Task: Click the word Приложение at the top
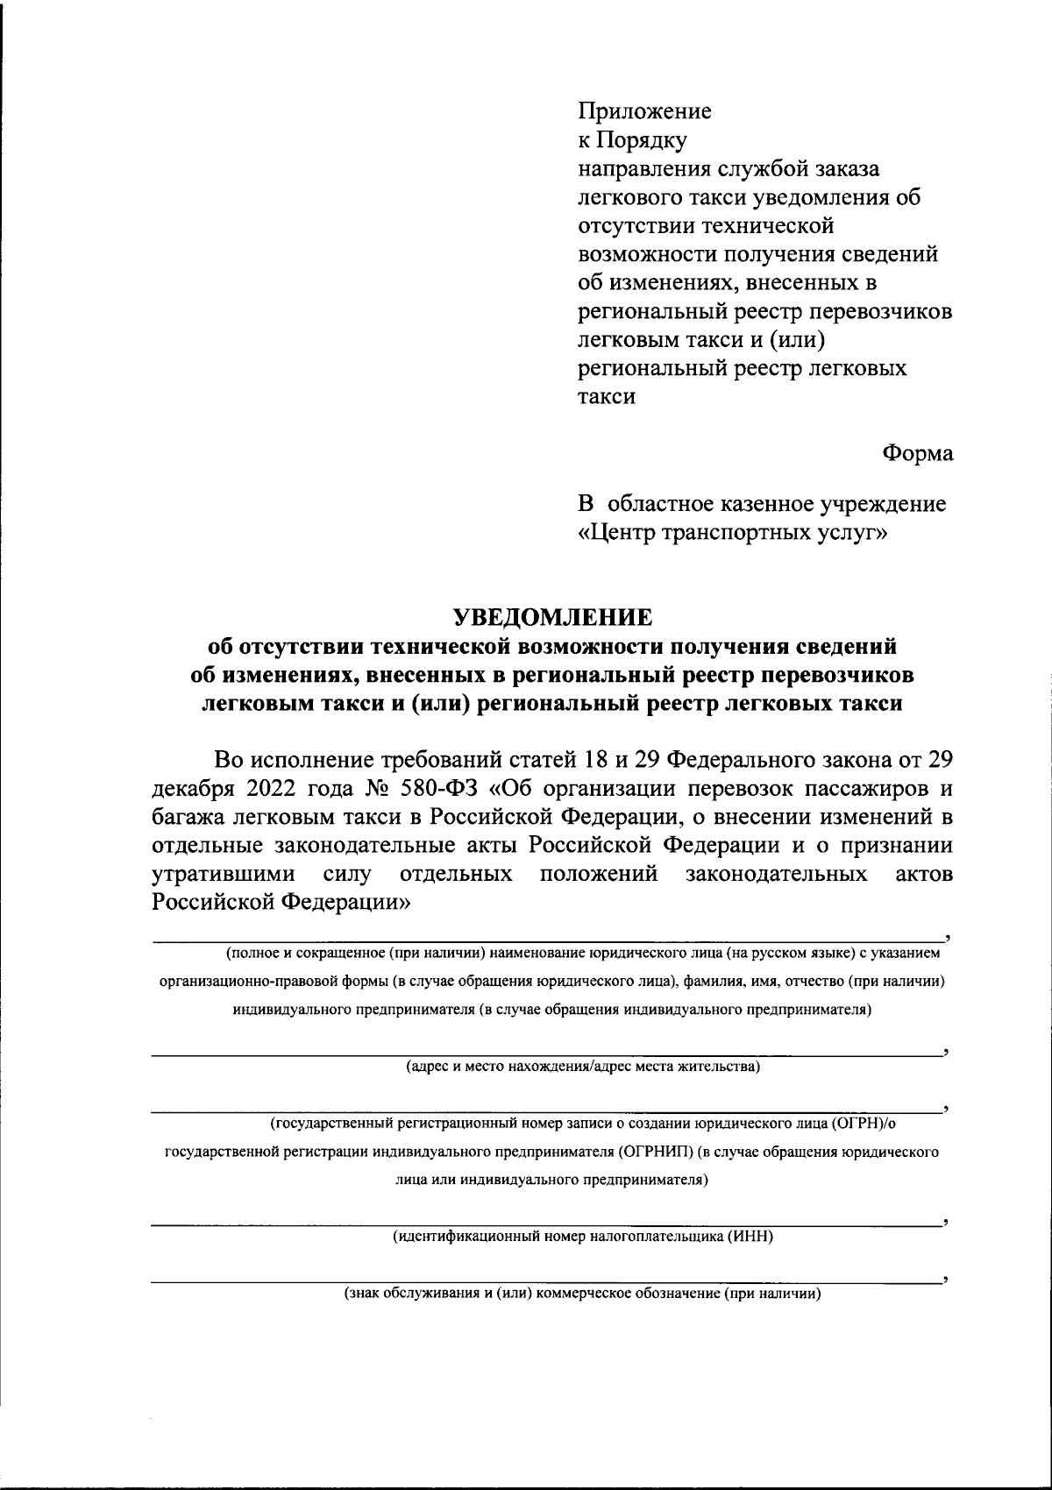(644, 111)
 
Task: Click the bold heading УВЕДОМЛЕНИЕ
(552, 617)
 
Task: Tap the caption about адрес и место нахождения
(582, 1067)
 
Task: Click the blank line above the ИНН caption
(544, 1224)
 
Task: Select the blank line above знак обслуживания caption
(544, 1281)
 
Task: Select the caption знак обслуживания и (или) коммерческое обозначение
(582, 1294)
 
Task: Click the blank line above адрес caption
(544, 1054)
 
